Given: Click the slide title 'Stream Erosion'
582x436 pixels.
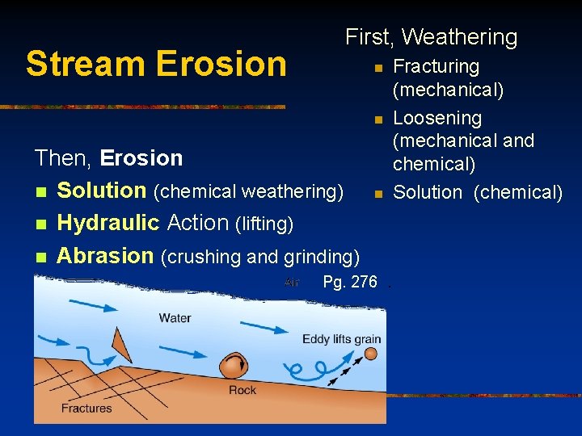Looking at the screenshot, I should pyautogui.click(x=155, y=64).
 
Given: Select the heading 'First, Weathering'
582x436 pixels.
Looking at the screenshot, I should pyautogui.click(x=431, y=37).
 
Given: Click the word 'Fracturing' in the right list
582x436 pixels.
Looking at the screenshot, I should pyautogui.click(x=436, y=66).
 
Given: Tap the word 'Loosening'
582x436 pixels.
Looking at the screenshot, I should pyautogui.click(x=436, y=118).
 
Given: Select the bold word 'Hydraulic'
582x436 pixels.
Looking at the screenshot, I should pyautogui.click(x=109, y=223).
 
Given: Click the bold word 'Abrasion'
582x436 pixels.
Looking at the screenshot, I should pyautogui.click(x=105, y=256).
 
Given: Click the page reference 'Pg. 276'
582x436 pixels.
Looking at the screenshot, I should pyautogui.click(x=349, y=282).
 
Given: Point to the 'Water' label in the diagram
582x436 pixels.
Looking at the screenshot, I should pyautogui.click(x=175, y=317).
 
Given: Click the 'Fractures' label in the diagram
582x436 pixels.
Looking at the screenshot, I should pyautogui.click(x=86, y=408).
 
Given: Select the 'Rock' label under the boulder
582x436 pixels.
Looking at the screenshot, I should pyautogui.click(x=242, y=390).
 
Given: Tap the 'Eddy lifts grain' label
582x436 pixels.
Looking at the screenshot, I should pyautogui.click(x=341, y=338).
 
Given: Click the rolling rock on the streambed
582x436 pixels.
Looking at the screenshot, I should pyautogui.click(x=235, y=366).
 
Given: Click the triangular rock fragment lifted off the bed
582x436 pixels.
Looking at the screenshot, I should pyautogui.click(x=121, y=345).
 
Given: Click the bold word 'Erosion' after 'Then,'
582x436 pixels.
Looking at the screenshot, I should pyautogui.click(x=141, y=157).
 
